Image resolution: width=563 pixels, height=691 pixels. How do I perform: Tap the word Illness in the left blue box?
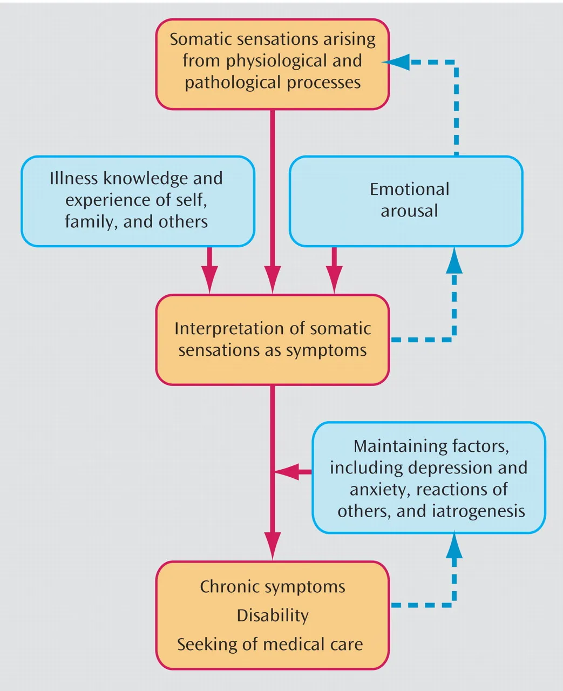tap(73, 178)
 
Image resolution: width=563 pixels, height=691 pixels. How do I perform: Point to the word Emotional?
tap(410, 189)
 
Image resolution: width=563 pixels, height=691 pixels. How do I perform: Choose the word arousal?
tap(409, 211)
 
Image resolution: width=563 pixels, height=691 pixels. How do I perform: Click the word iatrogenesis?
tap(478, 512)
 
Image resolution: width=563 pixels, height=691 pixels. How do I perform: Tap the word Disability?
tap(273, 615)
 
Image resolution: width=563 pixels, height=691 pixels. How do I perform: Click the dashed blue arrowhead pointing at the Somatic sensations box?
tap(396, 62)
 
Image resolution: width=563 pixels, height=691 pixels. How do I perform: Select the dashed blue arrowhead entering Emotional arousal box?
tap(454, 261)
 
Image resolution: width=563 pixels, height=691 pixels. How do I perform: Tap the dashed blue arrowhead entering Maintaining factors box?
tap(454, 545)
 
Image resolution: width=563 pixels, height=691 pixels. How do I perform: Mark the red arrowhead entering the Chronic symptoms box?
tap(273, 546)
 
